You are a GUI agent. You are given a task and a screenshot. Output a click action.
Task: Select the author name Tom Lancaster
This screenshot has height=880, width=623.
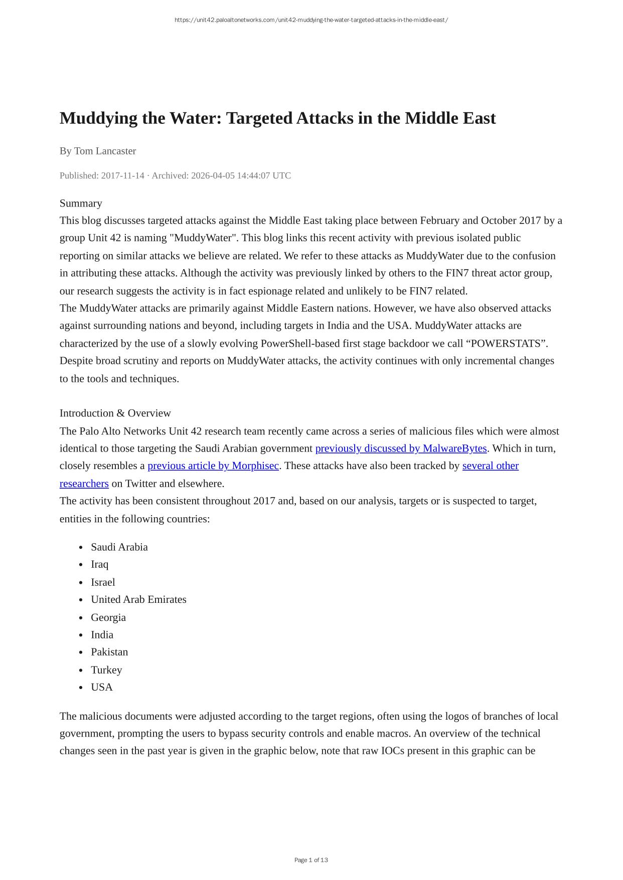(x=105, y=151)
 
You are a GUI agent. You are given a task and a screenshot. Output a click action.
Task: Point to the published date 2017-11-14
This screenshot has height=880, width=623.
(x=122, y=175)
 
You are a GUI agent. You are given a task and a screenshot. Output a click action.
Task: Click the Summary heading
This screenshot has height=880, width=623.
(x=81, y=203)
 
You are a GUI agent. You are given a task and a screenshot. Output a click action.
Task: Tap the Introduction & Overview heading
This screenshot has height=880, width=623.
(x=115, y=413)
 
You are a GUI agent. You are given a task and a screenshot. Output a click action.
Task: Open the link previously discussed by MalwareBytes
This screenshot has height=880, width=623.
(x=401, y=448)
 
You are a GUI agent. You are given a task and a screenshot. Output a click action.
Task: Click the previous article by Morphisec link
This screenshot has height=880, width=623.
(x=213, y=466)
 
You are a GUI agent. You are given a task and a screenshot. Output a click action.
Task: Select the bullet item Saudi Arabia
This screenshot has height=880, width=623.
(x=119, y=547)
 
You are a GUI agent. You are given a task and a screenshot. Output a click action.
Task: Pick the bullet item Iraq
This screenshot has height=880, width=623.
(x=99, y=564)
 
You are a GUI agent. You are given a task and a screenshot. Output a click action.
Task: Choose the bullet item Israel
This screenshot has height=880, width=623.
(x=103, y=582)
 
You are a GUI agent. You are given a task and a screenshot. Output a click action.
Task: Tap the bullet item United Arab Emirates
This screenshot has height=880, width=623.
(x=138, y=599)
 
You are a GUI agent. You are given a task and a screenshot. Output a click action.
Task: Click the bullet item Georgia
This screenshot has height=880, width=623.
(x=108, y=617)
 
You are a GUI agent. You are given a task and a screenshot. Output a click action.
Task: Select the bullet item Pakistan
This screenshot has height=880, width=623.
(x=109, y=652)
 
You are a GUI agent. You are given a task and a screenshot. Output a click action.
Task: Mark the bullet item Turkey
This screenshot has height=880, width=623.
(x=106, y=670)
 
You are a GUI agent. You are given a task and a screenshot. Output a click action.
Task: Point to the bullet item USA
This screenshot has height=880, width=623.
(x=102, y=687)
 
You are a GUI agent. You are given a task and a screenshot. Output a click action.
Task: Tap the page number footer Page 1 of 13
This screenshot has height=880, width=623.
(x=311, y=860)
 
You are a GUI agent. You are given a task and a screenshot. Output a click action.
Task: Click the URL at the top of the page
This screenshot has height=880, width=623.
(x=311, y=20)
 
